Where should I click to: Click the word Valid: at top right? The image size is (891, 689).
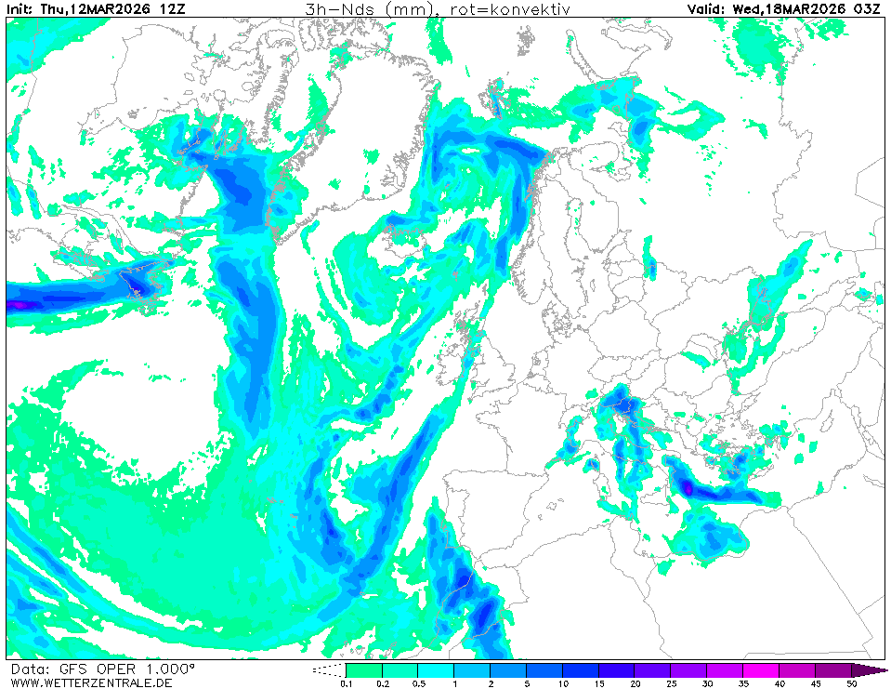[x=706, y=9]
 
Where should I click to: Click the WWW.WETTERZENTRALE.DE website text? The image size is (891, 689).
[x=91, y=682]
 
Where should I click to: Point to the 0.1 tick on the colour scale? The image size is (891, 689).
[x=346, y=683]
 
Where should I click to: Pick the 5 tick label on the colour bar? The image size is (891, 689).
[x=526, y=683]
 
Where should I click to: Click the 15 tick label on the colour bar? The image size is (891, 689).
[x=598, y=683]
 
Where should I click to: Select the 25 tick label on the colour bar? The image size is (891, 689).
[x=671, y=683]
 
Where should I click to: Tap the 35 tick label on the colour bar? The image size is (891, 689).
[x=743, y=683]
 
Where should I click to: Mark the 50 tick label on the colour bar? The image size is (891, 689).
[x=851, y=683]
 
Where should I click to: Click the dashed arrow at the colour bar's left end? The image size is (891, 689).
[x=327, y=669]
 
